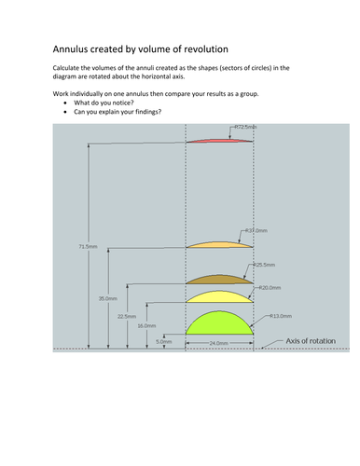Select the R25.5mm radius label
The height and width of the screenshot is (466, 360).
pos(266,265)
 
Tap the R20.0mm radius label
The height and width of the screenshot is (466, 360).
pos(269,287)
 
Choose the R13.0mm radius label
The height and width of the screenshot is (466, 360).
pos(281,316)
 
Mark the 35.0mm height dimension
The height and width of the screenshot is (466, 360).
pos(107,297)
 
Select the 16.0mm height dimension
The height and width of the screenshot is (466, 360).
pos(146,326)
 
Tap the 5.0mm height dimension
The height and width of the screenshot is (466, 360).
pos(164,342)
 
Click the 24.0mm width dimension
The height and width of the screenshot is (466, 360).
pos(219,344)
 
